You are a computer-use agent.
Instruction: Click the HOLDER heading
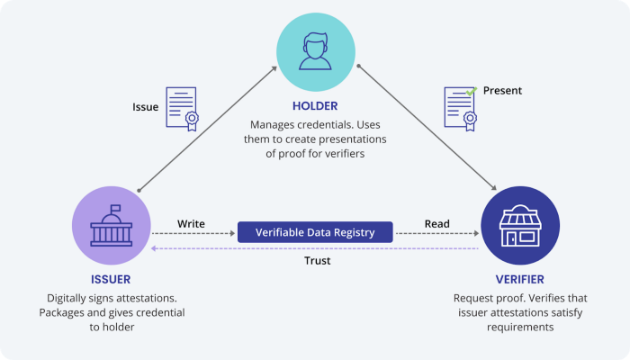[315, 105]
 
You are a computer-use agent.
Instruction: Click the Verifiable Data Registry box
[315, 232]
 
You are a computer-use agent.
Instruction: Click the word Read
[437, 223]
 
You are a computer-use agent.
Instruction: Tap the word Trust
[316, 260]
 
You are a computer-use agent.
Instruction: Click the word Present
[502, 91]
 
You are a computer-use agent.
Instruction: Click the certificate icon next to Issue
[181, 109]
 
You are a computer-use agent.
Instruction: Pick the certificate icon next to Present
[460, 109]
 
